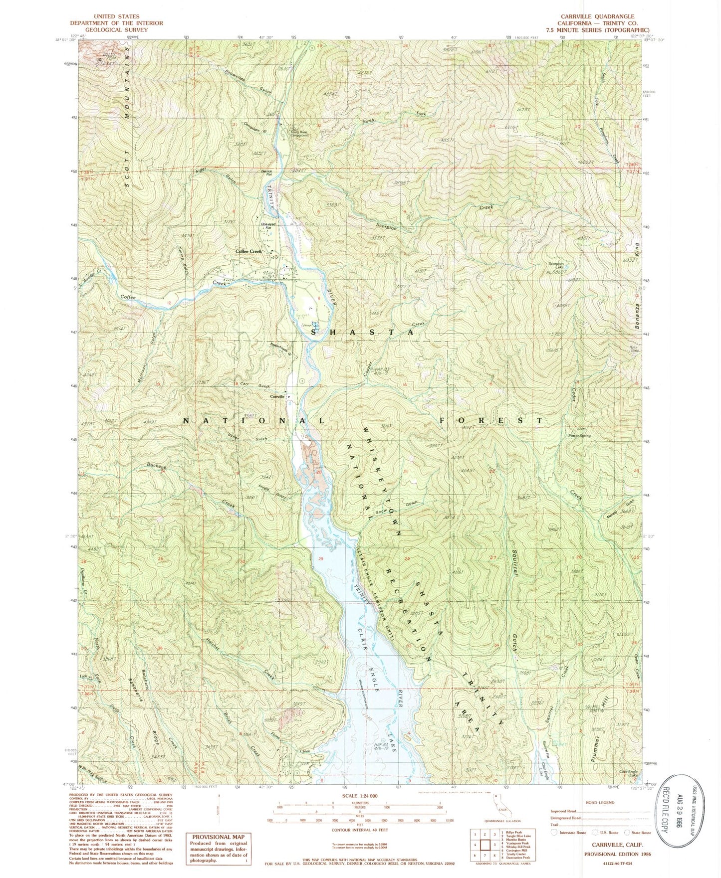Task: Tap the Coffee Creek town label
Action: pos(248,252)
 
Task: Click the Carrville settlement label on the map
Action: pos(277,396)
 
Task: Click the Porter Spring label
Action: pos(579,436)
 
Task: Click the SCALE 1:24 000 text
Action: pos(361,795)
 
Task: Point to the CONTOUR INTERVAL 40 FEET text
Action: pos(361,830)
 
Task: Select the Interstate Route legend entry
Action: pos(572,832)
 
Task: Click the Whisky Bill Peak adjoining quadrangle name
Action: pos(509,846)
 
